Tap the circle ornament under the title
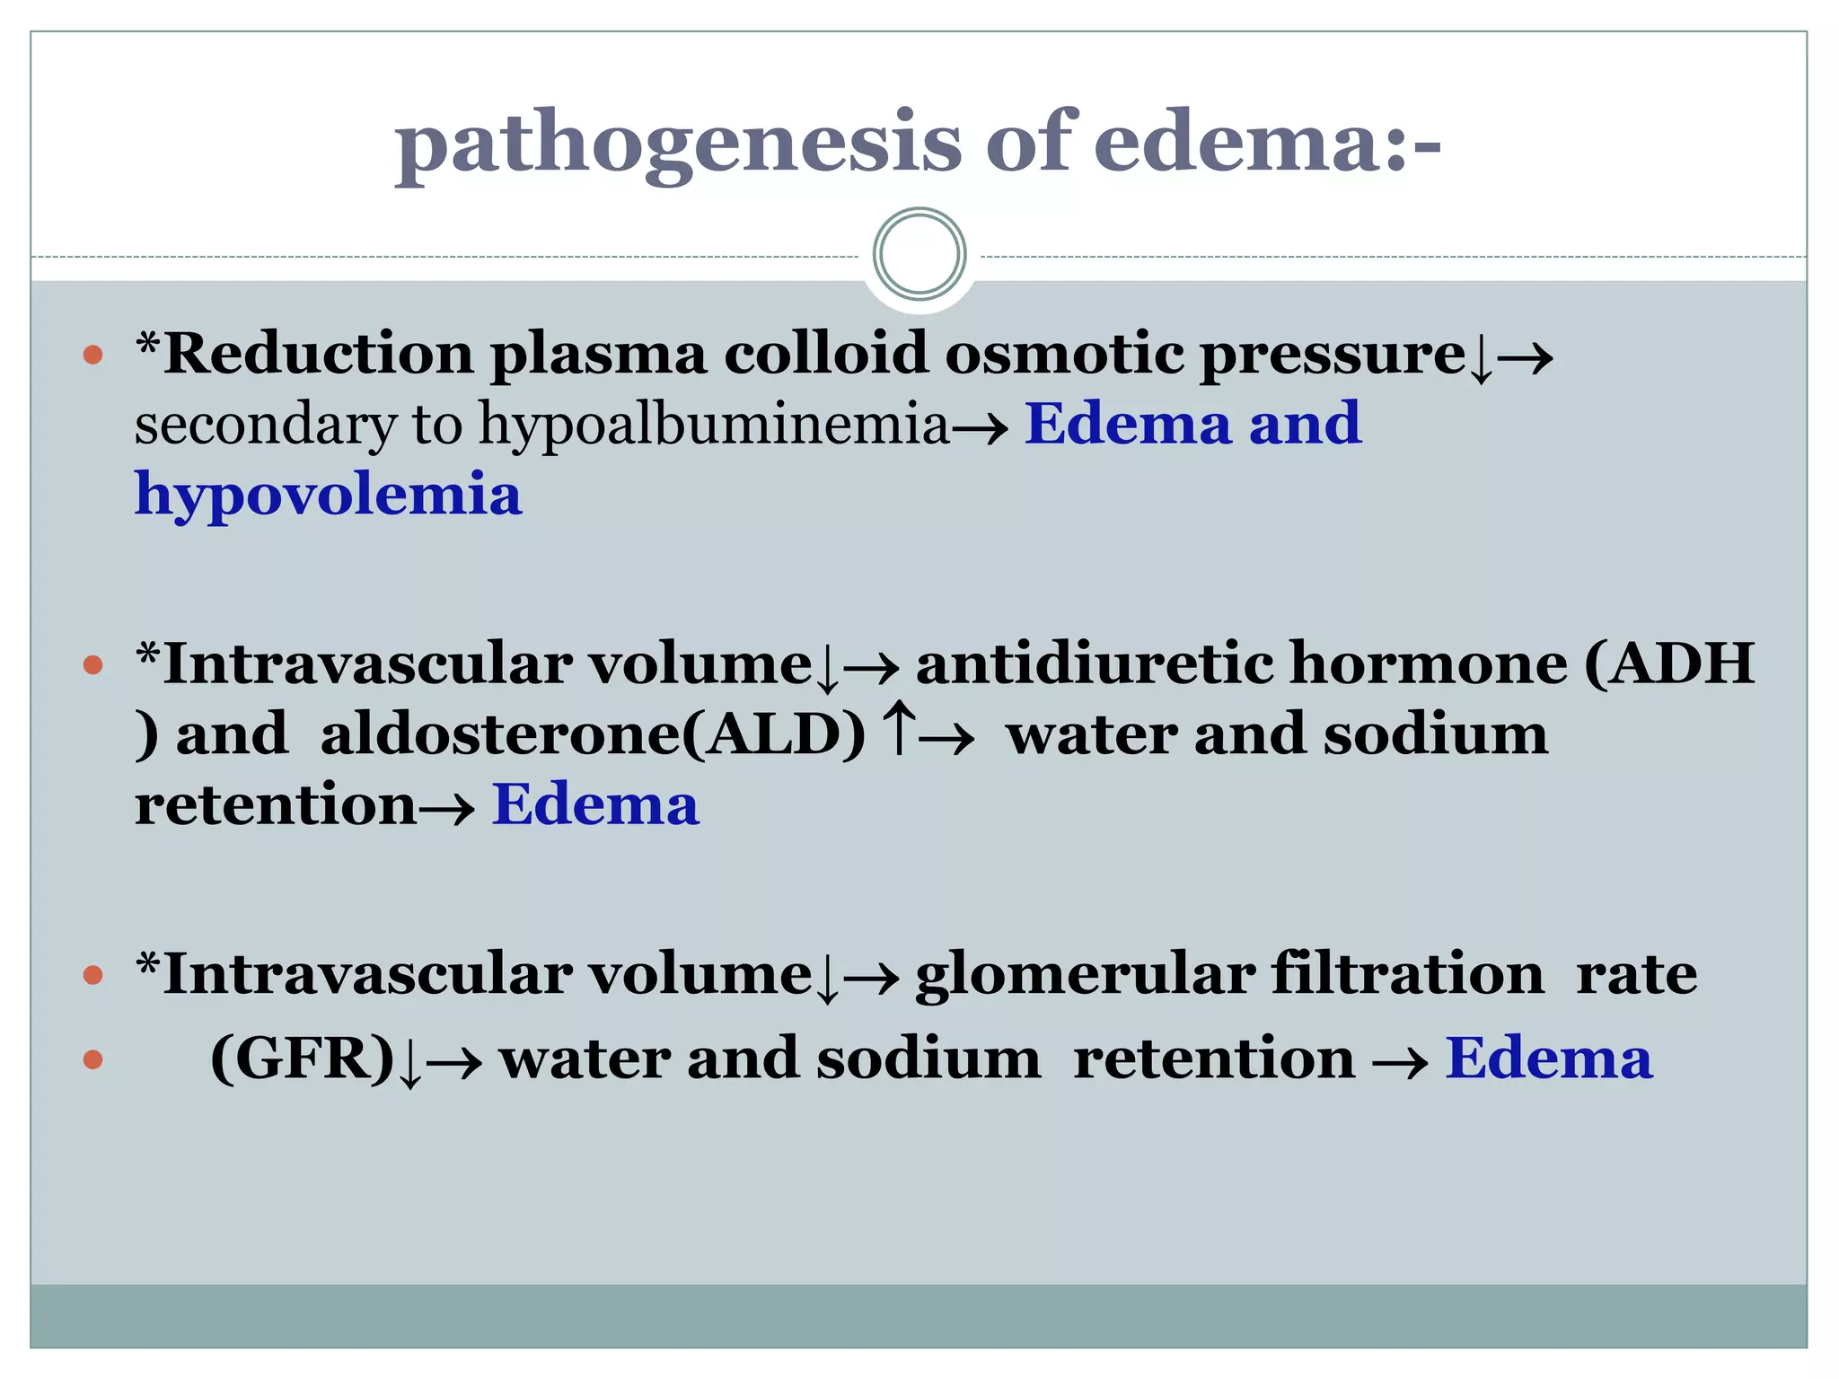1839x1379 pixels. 919,254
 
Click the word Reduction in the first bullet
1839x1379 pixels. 318,354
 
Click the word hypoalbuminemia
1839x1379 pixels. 714,424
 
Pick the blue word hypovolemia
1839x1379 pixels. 328,496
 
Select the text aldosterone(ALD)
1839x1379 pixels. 593,734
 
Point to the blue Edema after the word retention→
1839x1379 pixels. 594,804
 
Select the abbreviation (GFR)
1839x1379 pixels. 302,1059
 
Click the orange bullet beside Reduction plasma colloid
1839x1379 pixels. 92,356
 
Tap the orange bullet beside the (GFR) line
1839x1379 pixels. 92,1060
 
